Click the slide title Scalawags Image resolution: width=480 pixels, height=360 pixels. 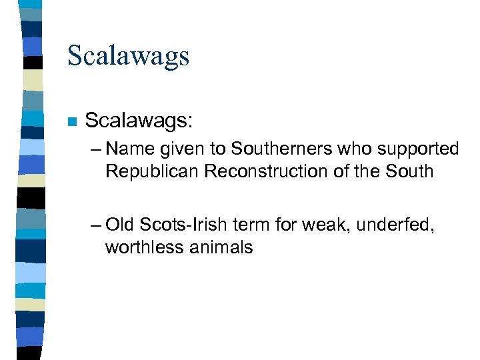click(x=128, y=56)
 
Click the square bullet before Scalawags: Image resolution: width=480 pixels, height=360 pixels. click(x=72, y=122)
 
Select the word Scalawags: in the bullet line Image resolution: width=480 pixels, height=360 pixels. click(x=139, y=121)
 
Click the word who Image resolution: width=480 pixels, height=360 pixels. click(x=342, y=149)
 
